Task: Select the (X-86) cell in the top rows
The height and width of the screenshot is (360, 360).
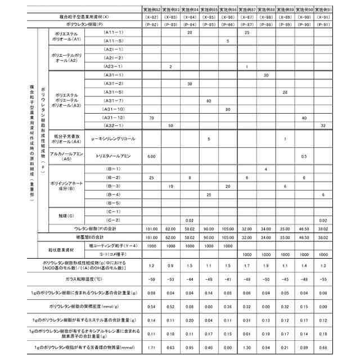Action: (228, 17)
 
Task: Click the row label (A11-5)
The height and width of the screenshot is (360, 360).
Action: (113, 41)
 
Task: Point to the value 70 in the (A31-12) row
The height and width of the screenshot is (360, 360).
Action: (151, 117)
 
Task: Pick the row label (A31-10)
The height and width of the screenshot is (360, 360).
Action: (113, 109)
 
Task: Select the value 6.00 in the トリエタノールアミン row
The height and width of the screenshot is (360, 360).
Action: (151, 155)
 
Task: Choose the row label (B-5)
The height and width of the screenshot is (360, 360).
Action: (113, 202)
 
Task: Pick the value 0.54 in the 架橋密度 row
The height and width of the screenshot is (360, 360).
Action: (151, 307)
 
